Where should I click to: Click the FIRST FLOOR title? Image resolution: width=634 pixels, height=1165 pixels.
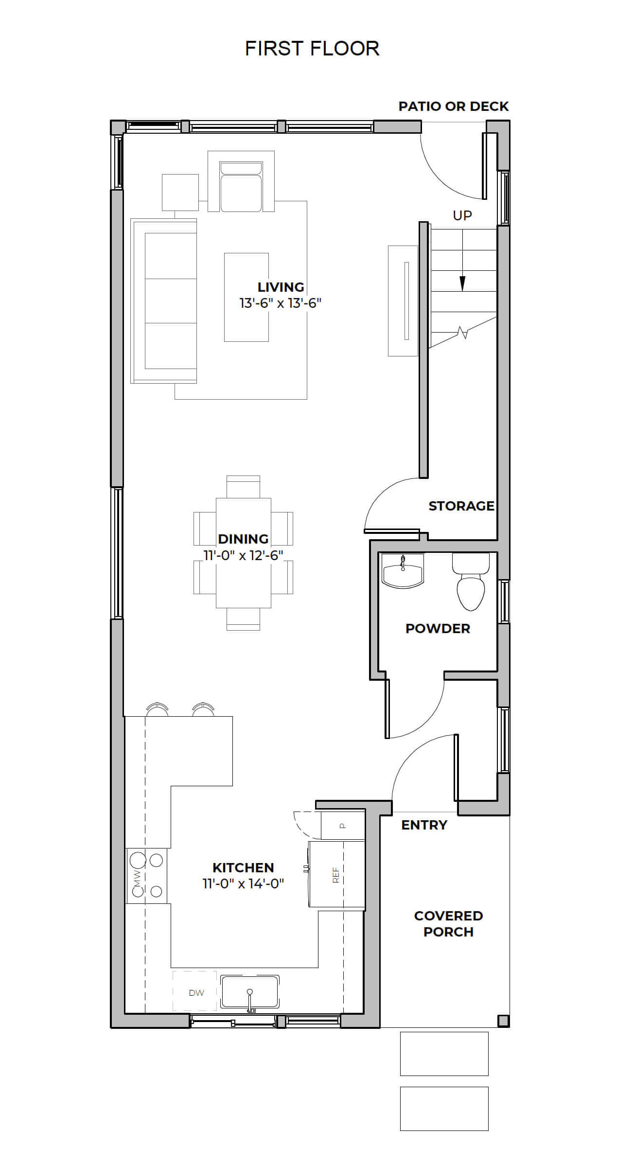(312, 48)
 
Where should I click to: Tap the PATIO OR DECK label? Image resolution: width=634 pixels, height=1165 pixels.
(454, 106)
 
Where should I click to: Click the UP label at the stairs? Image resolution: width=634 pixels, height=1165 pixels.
(462, 215)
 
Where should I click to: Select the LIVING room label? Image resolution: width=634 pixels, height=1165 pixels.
(281, 287)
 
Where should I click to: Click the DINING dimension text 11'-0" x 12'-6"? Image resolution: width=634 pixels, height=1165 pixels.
(243, 555)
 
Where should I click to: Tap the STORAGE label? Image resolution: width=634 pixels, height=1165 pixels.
(461, 506)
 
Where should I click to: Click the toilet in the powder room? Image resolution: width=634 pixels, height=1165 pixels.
(471, 582)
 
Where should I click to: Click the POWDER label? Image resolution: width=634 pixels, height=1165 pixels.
(438, 628)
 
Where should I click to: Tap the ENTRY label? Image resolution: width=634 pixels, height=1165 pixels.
(424, 825)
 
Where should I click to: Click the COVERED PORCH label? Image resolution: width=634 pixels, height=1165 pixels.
(448, 923)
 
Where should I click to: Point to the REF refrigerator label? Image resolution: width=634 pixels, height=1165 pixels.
(335, 874)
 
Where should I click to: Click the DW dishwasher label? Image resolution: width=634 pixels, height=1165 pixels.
(196, 993)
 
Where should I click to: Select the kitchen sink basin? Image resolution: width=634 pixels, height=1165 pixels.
(250, 991)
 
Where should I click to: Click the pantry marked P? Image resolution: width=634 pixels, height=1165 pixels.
(342, 825)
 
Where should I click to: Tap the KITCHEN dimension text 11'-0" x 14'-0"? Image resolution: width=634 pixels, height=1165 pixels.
(243, 883)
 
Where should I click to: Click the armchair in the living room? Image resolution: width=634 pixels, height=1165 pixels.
(241, 181)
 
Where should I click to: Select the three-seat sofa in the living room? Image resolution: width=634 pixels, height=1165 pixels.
(164, 301)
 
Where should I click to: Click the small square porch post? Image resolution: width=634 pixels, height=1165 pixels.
(503, 1020)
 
